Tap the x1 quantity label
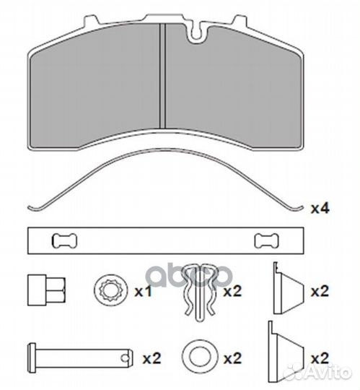(143, 291)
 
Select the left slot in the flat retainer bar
(64, 241)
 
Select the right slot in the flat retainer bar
(267, 241)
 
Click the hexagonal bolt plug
(46, 290)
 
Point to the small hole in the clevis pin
(124, 358)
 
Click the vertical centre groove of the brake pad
(162, 76)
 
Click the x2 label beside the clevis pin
(152, 359)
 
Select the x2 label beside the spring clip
(232, 291)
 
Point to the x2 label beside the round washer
(232, 359)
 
